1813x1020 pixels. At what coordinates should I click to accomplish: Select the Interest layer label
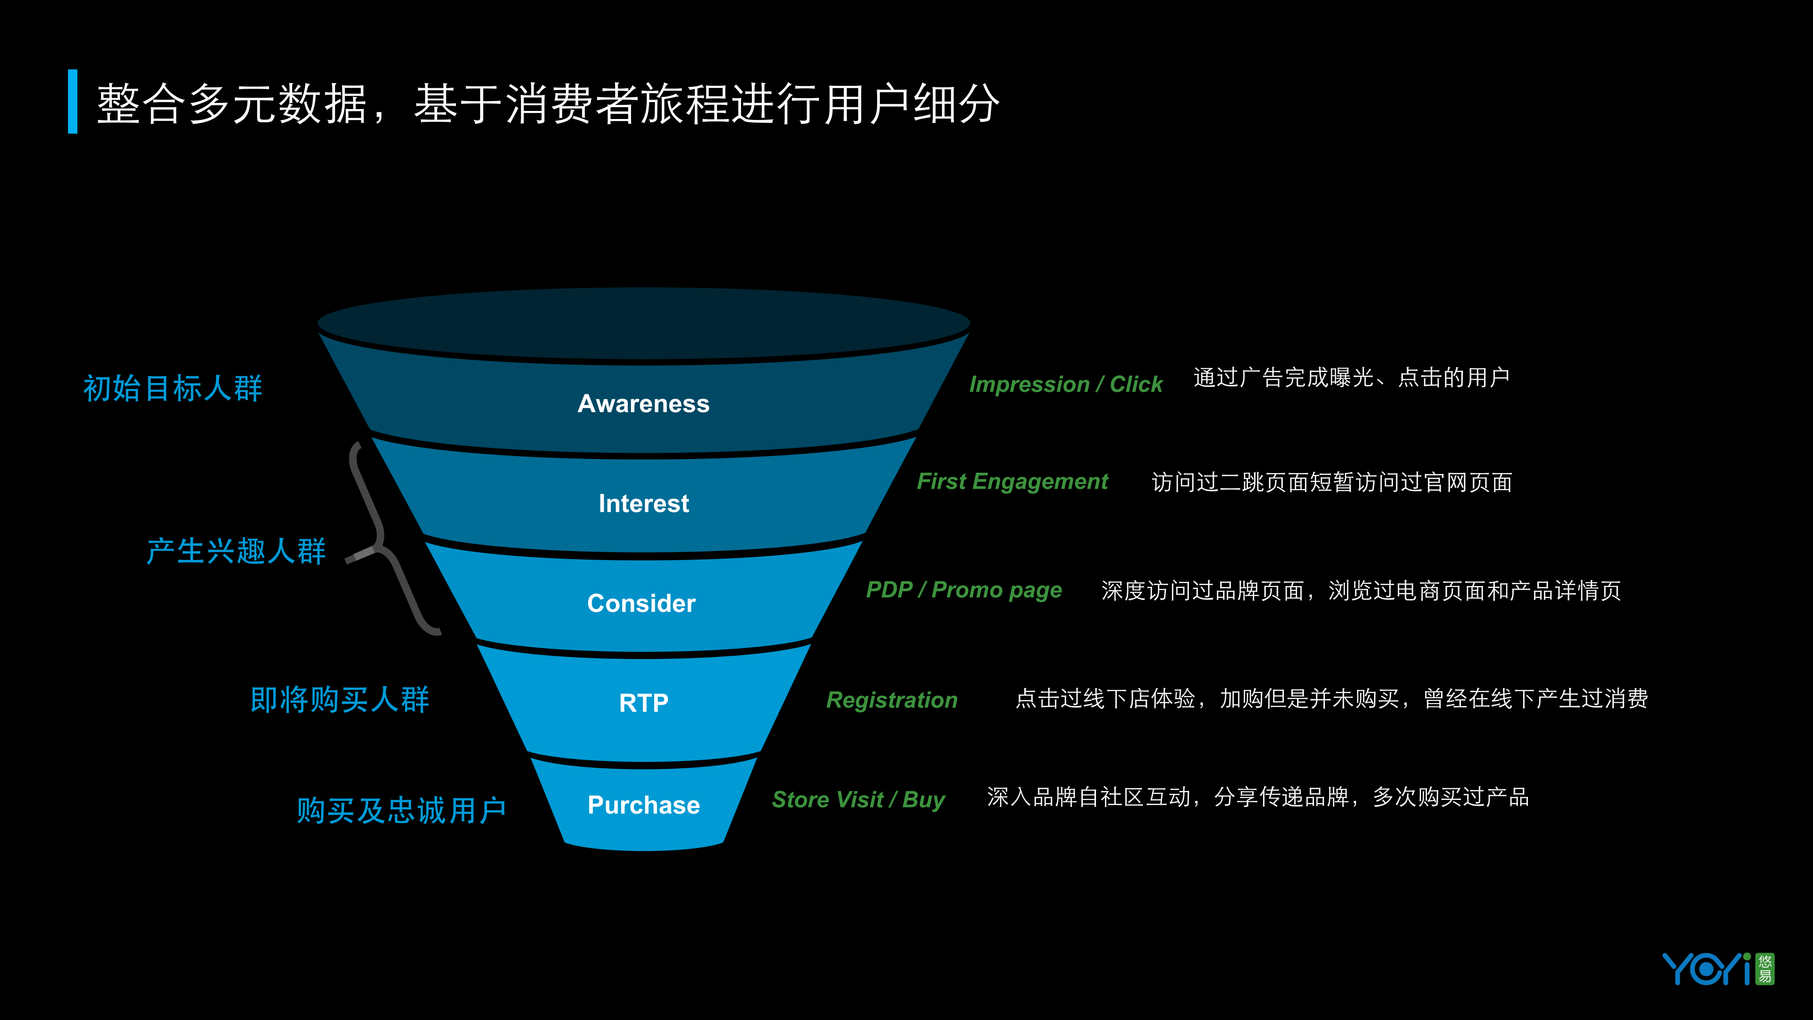[643, 503]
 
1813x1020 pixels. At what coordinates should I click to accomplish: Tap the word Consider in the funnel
[641, 603]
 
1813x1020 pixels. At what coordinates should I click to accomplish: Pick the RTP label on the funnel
[643, 703]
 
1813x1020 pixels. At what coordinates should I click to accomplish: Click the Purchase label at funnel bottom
[643, 805]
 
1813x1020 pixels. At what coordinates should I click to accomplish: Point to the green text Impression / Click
[1065, 384]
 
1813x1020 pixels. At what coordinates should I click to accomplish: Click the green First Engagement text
[1012, 482]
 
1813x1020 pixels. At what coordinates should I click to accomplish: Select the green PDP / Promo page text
[963, 590]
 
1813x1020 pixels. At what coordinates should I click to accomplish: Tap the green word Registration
[892, 700]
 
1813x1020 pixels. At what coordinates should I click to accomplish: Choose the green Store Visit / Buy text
[858, 799]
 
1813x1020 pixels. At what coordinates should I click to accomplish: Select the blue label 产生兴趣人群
[236, 551]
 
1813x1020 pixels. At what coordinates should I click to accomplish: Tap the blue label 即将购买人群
[339, 700]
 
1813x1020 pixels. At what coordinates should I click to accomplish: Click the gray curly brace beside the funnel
[380, 538]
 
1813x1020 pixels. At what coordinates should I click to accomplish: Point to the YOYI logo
[1717, 969]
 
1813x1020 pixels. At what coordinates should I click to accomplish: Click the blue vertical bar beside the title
[73, 102]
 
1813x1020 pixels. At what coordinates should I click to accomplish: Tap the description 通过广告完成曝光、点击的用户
[1351, 378]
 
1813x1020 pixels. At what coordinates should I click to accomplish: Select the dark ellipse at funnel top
[643, 324]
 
